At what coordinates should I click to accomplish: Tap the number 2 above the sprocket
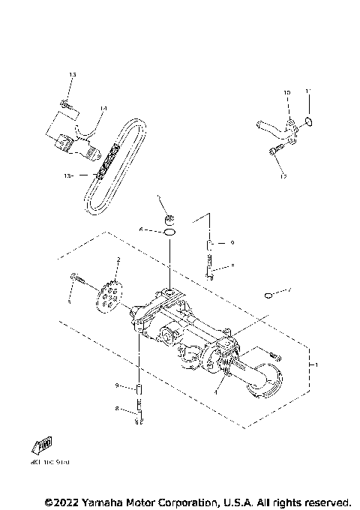point(118,259)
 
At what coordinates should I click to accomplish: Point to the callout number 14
point(103,109)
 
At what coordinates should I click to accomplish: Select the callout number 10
point(286,92)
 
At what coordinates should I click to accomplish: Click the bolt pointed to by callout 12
point(273,153)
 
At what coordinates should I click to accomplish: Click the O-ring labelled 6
point(170,233)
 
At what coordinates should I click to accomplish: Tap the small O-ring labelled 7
point(268,295)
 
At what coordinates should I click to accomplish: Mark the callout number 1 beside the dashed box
point(316,365)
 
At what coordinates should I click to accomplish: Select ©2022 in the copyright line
point(63,501)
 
